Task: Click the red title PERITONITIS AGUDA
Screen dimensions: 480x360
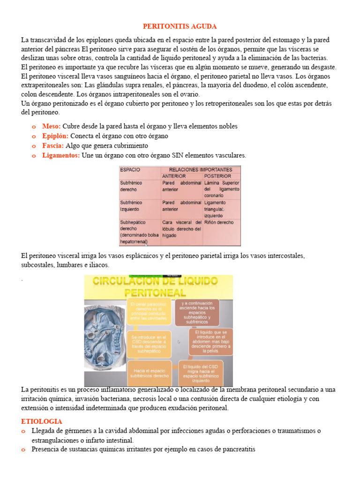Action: click(x=180, y=26)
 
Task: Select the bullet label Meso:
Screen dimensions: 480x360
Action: click(x=51, y=126)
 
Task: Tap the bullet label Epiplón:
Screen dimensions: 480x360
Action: click(x=55, y=136)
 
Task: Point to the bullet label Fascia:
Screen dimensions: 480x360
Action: click(x=52, y=146)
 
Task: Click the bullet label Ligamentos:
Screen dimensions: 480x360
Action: click(x=61, y=155)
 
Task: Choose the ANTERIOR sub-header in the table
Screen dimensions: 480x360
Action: click(x=174, y=176)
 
